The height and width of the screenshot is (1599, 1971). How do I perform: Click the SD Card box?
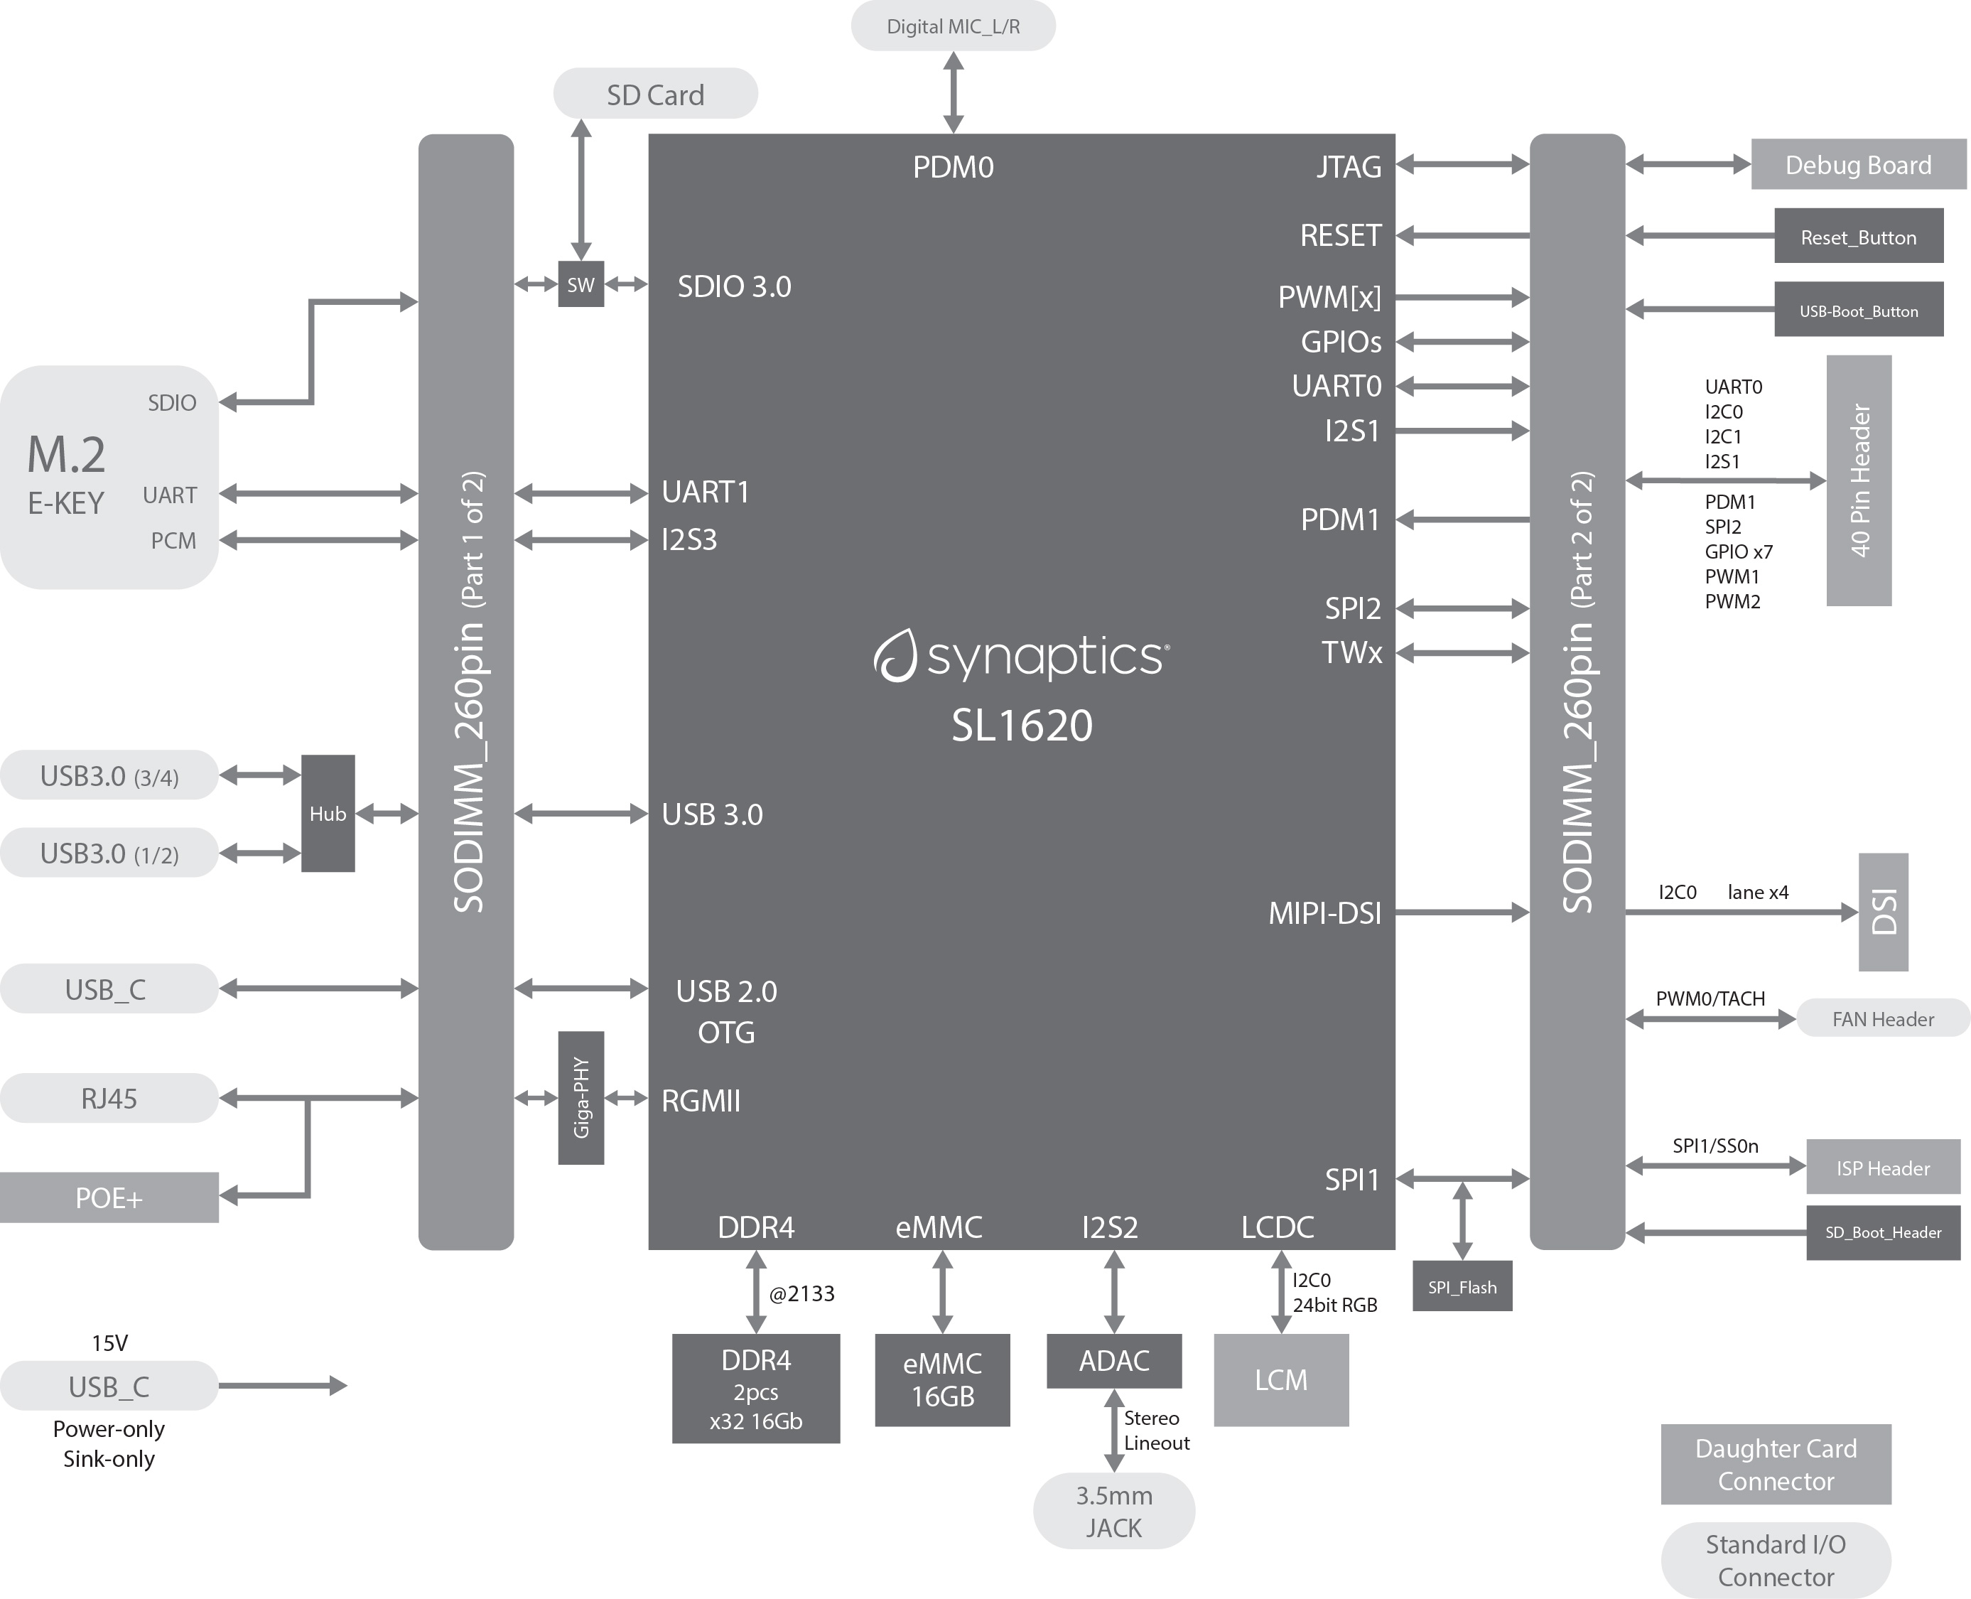[655, 94]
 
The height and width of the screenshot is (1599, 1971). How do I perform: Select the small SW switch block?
[580, 284]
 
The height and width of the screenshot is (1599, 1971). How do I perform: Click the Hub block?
[328, 813]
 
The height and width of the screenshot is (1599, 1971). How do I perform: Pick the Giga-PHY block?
[580, 1097]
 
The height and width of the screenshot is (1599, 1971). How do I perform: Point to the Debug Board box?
[1858, 165]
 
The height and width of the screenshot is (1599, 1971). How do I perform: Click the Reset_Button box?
[1858, 237]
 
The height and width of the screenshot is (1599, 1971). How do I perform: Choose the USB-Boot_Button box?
[1858, 311]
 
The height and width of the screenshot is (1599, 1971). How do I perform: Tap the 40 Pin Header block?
[1859, 480]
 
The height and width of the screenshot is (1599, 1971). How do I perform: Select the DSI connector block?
[1883, 912]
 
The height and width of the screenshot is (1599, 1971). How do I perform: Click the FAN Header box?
[1883, 1018]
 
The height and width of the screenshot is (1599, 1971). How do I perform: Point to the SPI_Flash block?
[1462, 1287]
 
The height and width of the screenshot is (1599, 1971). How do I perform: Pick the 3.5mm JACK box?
[1113, 1511]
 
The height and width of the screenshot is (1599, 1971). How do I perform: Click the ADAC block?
[1113, 1360]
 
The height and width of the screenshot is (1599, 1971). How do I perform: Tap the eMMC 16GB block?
[941, 1380]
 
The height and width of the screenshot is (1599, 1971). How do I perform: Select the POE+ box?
[109, 1197]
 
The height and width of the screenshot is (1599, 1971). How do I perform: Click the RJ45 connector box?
[109, 1098]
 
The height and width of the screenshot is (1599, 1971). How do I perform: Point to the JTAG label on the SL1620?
[1349, 167]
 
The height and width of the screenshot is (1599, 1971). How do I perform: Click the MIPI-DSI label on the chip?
[1324, 912]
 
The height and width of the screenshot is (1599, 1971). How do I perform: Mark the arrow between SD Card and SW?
[580, 189]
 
